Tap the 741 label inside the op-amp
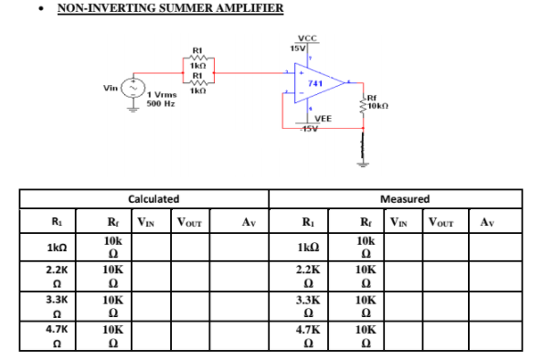coord(316,82)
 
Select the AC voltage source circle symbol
coord(134,88)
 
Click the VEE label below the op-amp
coord(323,119)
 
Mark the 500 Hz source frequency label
coord(162,103)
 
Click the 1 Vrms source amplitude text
coord(163,95)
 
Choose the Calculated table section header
coord(154,198)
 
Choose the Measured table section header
coord(402,198)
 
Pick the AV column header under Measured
coord(484,221)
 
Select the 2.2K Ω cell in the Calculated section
coord(54,278)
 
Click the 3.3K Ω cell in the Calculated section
coord(54,307)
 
